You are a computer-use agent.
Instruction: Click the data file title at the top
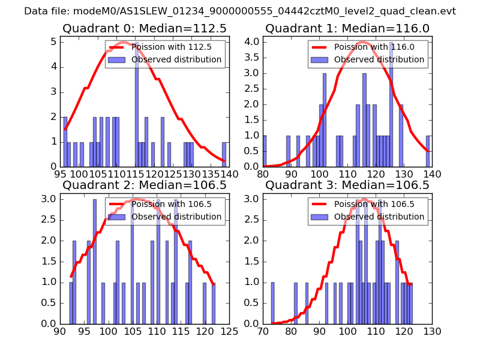click(240, 11)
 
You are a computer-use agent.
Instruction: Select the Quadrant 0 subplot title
click(143, 28)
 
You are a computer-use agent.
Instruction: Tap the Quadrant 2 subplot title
click(143, 185)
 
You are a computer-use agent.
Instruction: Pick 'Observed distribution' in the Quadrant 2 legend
click(176, 217)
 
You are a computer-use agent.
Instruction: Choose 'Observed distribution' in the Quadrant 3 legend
click(379, 217)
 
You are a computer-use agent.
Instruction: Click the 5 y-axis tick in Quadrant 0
click(53, 41)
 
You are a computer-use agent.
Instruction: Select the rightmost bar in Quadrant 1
click(428, 151)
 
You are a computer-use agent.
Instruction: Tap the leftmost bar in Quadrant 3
click(272, 303)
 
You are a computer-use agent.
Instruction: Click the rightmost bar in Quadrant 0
click(224, 154)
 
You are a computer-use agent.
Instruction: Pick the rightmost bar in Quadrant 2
click(214, 303)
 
